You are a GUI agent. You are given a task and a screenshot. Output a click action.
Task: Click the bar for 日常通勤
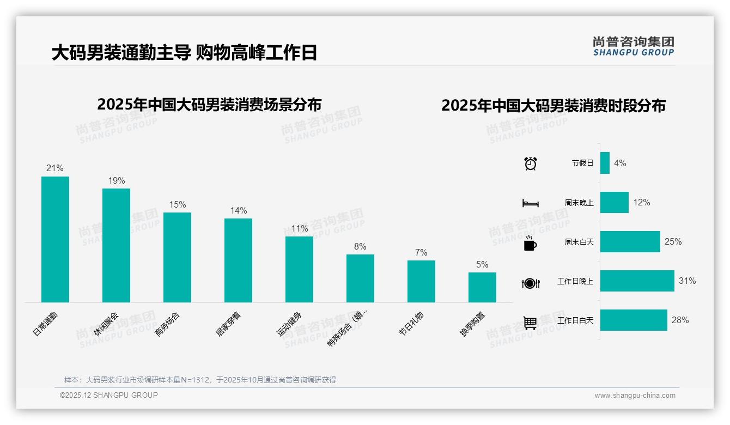pos(55,239)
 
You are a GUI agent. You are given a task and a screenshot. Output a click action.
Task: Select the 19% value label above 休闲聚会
pos(117,180)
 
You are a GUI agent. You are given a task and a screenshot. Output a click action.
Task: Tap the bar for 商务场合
pos(177,257)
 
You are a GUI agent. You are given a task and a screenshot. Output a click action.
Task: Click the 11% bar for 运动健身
pos(299,269)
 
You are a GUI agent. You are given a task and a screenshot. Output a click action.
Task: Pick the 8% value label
pos(360,246)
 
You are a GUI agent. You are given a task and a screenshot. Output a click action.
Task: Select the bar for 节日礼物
pos(421,281)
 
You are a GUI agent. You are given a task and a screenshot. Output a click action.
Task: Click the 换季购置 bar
pos(482,287)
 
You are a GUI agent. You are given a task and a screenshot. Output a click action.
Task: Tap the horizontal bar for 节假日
pos(605,163)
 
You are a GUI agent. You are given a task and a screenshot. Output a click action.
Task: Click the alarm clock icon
pos(530,163)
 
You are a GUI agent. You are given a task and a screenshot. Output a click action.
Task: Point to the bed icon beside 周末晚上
pos(530,203)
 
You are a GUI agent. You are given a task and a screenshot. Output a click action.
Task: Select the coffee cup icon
pos(530,243)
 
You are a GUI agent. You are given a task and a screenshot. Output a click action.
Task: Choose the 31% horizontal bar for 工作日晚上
pos(637,281)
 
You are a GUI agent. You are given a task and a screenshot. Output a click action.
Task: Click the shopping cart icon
pos(530,323)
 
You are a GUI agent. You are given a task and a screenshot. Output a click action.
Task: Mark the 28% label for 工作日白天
pos(680,320)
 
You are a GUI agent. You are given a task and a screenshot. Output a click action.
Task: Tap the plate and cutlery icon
pos(530,283)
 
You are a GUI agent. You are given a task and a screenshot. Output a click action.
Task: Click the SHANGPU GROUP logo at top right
pos(633,46)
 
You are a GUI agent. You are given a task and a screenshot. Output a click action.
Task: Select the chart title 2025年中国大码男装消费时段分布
pos(553,106)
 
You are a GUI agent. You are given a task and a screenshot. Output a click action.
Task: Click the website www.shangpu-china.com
pos(635,396)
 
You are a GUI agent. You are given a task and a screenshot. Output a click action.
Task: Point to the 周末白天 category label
pos(579,242)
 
